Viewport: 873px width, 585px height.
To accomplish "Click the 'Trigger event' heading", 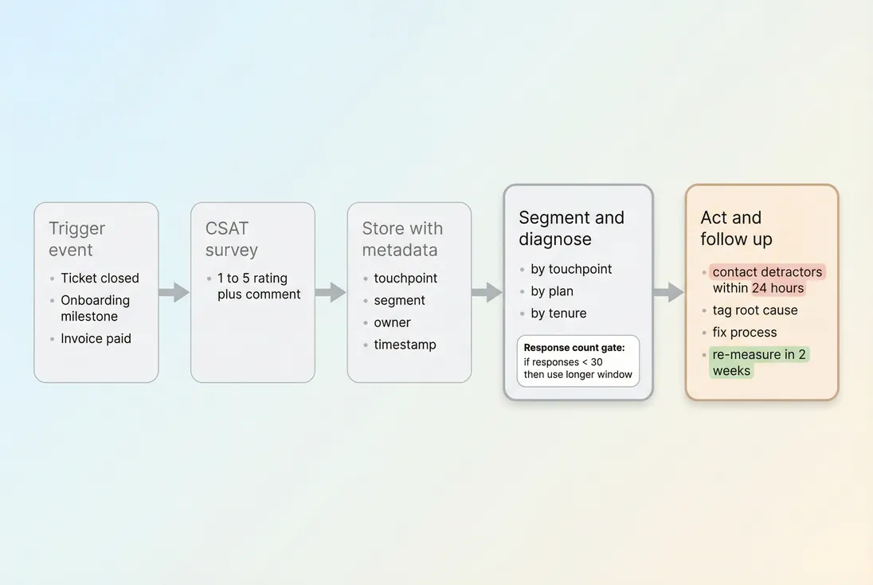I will click(x=77, y=239).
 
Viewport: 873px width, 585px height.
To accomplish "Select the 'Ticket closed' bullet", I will click(x=100, y=278).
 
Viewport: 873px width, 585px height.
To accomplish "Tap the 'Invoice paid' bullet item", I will click(x=96, y=338).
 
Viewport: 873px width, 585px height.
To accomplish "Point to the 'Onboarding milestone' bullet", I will click(x=95, y=308).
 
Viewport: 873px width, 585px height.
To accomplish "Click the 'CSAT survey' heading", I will click(x=232, y=239).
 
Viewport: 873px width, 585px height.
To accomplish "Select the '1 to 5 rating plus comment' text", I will click(x=259, y=286).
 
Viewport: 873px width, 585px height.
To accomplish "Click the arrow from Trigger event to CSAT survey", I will click(x=174, y=292).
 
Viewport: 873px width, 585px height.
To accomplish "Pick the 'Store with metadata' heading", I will click(x=401, y=239).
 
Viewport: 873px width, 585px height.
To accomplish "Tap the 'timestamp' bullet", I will click(x=405, y=345).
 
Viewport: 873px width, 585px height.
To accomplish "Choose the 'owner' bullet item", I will click(x=392, y=322).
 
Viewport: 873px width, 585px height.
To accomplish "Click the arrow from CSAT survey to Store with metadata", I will click(x=330, y=292).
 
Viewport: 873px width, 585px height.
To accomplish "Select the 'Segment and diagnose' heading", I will click(x=571, y=228).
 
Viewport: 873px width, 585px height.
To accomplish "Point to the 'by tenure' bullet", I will click(x=558, y=313).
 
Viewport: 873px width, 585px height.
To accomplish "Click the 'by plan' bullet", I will click(x=552, y=291).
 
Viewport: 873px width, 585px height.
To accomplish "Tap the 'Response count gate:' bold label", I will click(x=574, y=348).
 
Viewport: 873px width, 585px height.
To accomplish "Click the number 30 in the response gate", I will click(x=597, y=361).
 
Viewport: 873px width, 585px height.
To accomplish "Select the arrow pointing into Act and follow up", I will click(x=668, y=292).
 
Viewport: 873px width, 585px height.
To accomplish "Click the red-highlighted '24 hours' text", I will click(x=778, y=288).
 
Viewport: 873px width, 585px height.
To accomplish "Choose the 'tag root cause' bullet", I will click(x=754, y=310).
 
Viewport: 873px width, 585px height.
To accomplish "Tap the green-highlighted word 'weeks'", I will click(x=731, y=370).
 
